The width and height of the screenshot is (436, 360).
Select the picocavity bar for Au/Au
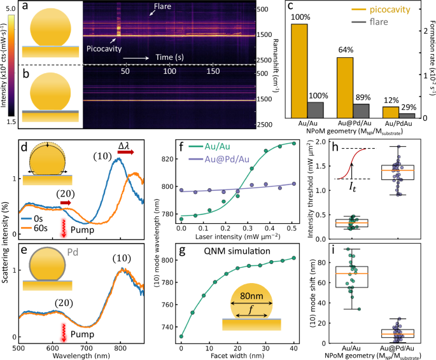pos(299,71)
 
